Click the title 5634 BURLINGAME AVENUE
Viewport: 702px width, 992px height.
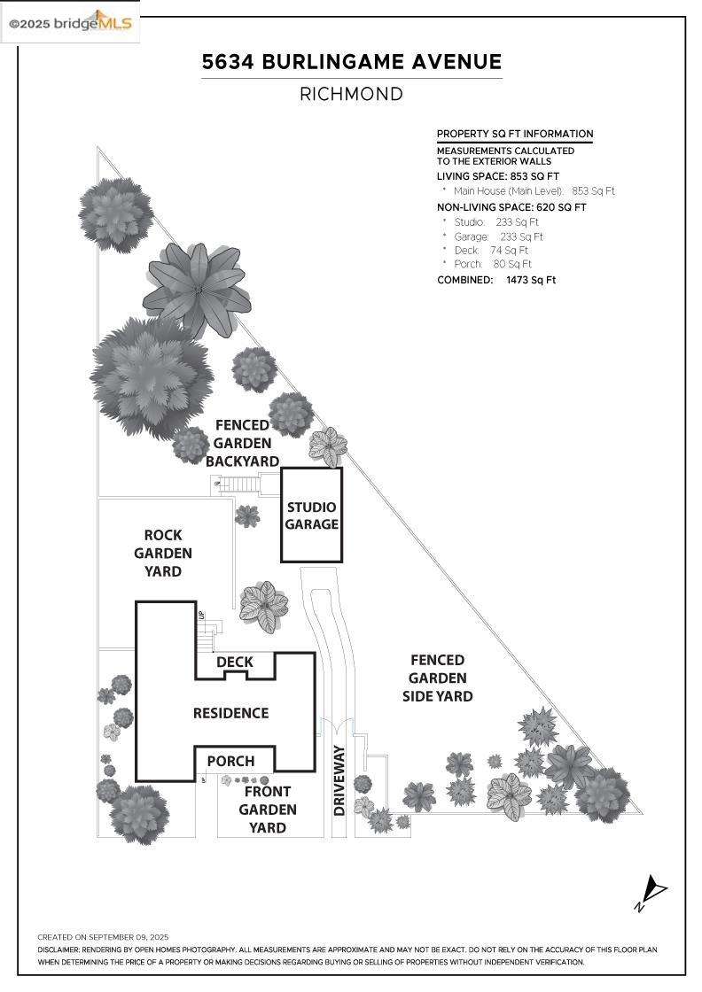(x=351, y=62)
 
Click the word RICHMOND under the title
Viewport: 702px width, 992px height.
(x=351, y=94)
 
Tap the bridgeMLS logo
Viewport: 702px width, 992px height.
(x=70, y=22)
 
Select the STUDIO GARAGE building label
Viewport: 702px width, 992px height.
(x=311, y=515)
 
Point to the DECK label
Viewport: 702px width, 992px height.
(x=234, y=662)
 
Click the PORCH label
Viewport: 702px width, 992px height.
(x=230, y=761)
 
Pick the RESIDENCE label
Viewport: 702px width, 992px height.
(x=230, y=713)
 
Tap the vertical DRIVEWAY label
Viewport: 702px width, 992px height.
(x=339, y=779)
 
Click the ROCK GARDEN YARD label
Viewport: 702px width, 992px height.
(x=163, y=554)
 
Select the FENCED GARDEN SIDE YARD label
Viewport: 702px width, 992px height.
(x=437, y=678)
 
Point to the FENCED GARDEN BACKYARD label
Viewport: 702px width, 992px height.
(x=242, y=443)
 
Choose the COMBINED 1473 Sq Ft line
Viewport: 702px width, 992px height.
(x=496, y=280)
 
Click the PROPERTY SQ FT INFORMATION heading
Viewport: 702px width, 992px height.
(x=514, y=134)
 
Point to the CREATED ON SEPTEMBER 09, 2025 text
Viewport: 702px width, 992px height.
(x=103, y=936)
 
